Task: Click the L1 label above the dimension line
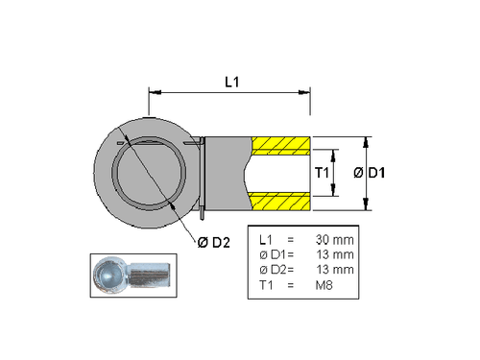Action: pos(230,83)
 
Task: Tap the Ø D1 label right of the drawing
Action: pos(370,173)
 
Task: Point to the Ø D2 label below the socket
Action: pos(214,240)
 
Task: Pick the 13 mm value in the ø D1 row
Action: pos(335,253)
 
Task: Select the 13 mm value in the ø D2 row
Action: pos(335,269)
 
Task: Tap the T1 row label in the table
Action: pos(267,285)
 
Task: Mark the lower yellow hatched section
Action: pos(279,201)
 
